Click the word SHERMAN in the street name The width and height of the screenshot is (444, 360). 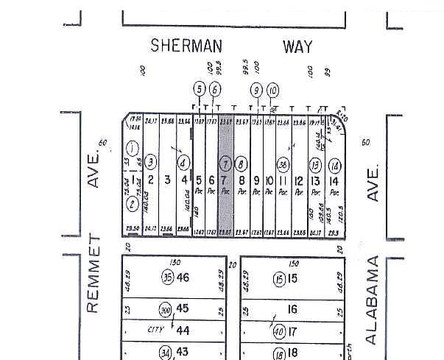[x=186, y=46]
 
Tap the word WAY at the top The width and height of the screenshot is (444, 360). [x=297, y=46]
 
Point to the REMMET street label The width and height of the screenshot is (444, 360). [x=93, y=273]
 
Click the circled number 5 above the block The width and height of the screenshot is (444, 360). [x=199, y=90]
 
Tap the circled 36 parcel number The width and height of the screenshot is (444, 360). [x=282, y=163]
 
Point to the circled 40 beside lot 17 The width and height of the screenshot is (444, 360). [x=279, y=331]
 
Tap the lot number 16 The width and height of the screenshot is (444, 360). [x=293, y=310]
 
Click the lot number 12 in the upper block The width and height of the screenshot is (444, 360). [x=299, y=180]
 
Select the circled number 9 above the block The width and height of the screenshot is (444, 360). [x=256, y=90]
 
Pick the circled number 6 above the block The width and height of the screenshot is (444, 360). [x=215, y=90]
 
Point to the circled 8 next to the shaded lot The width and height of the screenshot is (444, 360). [x=242, y=163]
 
